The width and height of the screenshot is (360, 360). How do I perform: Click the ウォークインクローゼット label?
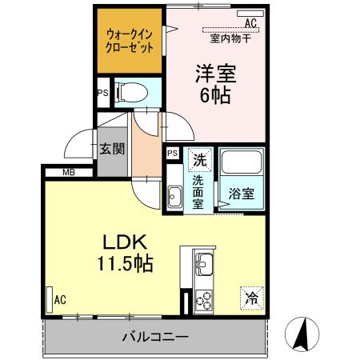pos(130,41)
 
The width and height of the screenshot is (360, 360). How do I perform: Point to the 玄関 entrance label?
pos(110,148)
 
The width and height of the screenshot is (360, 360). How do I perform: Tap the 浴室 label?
pos(242,193)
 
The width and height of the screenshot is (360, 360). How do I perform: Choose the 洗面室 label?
pos(198,190)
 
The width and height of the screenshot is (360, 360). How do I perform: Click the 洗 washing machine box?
pos(199,159)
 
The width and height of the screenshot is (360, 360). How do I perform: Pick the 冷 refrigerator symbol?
pos(251,298)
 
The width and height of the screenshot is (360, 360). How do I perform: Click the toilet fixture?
pos(129,91)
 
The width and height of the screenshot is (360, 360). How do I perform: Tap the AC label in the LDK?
pos(60,301)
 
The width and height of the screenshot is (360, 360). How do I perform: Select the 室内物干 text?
pos(230,38)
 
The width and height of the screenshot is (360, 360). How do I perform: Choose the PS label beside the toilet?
pos(102,92)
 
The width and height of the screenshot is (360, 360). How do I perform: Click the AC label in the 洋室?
pos(250,22)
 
